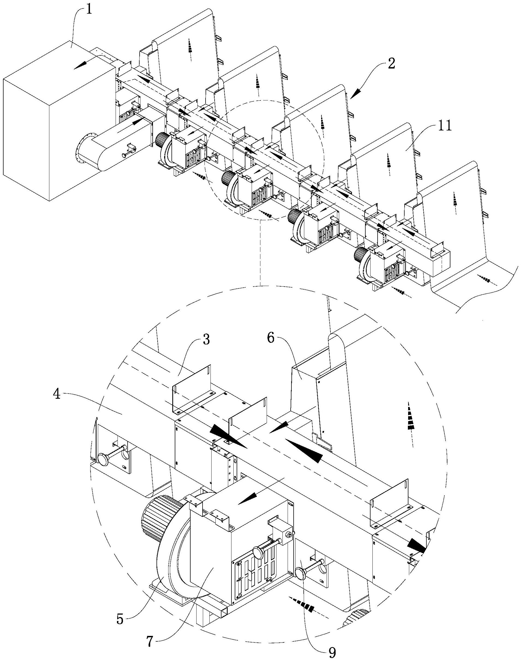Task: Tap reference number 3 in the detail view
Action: (x=206, y=340)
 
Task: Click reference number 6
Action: (x=272, y=339)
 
